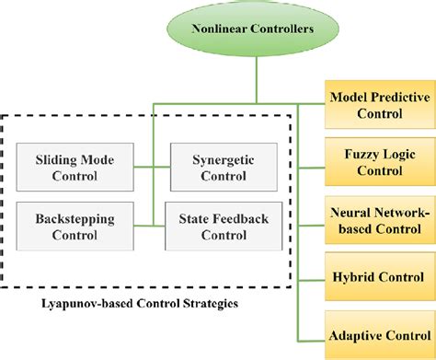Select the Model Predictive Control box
pyautogui.click(x=379, y=104)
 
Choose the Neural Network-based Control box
pyautogui.click(x=379, y=221)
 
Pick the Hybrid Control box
pyautogui.click(x=379, y=275)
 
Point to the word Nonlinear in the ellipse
pyautogui.click(x=221, y=28)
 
